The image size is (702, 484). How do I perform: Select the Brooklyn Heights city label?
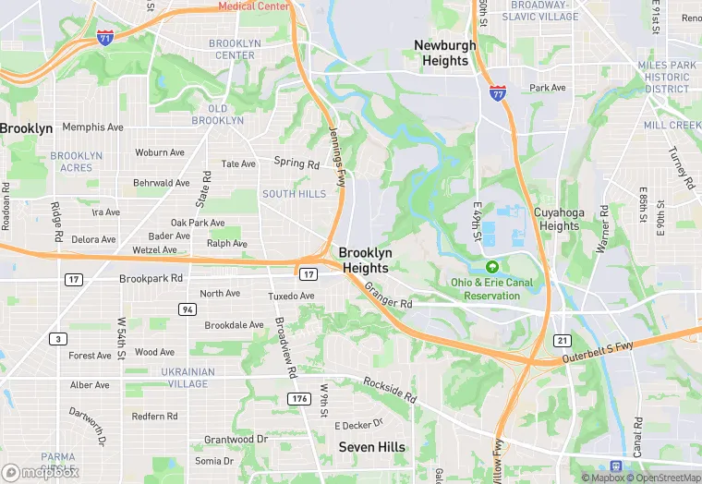coord(366,260)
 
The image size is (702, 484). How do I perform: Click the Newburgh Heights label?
coord(445,53)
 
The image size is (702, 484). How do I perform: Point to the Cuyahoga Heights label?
coord(558,219)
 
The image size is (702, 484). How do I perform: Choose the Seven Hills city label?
coord(372,447)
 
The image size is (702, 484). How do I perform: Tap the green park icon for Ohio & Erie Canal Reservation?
coord(491,266)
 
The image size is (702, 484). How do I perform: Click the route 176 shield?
coord(298,398)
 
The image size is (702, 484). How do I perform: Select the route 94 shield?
coord(187,309)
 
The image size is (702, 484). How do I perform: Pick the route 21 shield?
coord(562,340)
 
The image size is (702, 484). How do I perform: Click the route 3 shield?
coord(59,339)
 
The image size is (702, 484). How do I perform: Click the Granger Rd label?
coord(388,296)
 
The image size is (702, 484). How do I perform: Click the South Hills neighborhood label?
coord(294,194)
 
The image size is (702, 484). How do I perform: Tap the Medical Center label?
coord(254,6)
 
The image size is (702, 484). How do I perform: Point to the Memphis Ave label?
coord(92,127)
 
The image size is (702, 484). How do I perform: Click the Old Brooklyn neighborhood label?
coord(218,115)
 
